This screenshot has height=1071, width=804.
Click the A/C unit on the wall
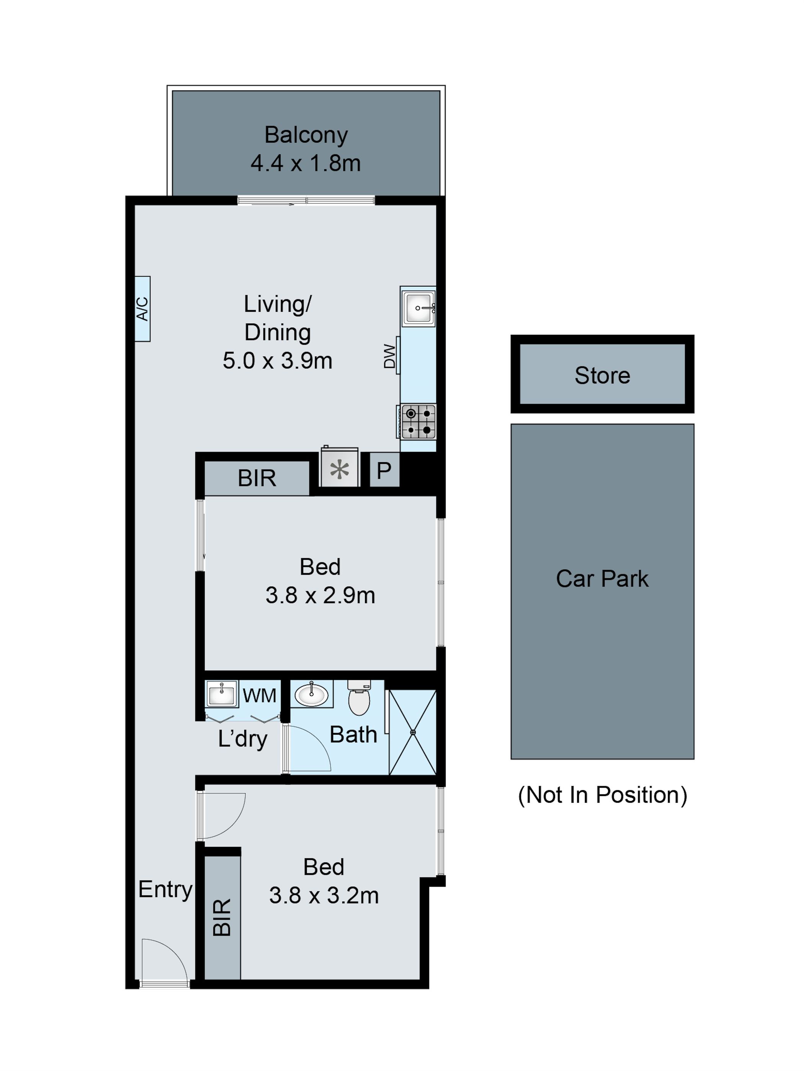[142, 308]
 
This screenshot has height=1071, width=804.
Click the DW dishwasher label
[390, 356]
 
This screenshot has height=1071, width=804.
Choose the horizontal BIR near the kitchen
[257, 478]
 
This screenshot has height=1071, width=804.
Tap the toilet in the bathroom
[359, 699]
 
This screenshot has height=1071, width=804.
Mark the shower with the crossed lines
[413, 732]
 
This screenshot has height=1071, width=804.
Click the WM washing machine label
[260, 696]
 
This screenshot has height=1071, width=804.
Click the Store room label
[602, 375]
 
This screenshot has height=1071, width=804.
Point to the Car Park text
[602, 579]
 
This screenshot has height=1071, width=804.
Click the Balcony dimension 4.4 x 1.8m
[306, 163]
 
